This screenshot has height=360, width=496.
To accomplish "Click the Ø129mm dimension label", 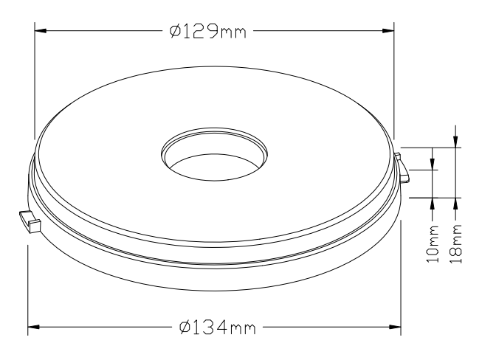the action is coord(208,31).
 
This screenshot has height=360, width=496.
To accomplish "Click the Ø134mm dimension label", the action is coord(217,327).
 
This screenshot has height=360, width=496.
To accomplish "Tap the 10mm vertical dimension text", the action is coord(433,243).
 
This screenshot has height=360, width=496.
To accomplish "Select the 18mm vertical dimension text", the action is coord(456,243).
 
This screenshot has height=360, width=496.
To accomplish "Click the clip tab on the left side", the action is coord(30,221).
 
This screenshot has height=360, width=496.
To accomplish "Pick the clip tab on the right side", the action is coord(402,168).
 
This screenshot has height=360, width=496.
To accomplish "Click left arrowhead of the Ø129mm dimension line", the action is coord(41,31).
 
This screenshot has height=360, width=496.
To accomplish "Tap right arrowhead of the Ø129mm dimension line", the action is coord(388,31).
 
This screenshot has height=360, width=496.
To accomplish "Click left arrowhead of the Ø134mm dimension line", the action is coord(34,327).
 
